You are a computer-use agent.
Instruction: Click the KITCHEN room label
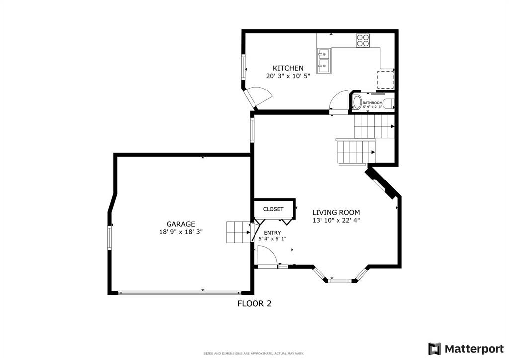pyautogui.click(x=288, y=68)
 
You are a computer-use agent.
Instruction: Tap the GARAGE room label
pyautogui.click(x=181, y=224)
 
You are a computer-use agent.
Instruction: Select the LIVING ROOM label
pyautogui.click(x=336, y=213)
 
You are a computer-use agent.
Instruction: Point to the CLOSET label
pyautogui.click(x=273, y=209)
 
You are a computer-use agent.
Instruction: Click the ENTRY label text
pyautogui.click(x=273, y=233)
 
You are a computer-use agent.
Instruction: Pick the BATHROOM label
pyautogui.click(x=372, y=103)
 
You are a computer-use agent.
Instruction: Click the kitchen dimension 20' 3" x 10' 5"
pyautogui.click(x=288, y=76)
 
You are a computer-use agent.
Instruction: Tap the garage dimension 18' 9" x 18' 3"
pyautogui.click(x=181, y=232)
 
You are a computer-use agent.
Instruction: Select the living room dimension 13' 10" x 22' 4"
pyautogui.click(x=337, y=220)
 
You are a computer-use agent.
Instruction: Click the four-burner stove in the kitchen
pyautogui.click(x=362, y=41)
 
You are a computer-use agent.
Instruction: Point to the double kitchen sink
pyautogui.click(x=324, y=61)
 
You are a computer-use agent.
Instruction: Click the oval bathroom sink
pyautogui.click(x=357, y=102)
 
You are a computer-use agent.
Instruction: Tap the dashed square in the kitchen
pyautogui.click(x=385, y=79)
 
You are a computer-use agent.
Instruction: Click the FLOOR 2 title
pyautogui.click(x=254, y=303)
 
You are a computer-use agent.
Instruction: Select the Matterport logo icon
pyautogui.click(x=435, y=349)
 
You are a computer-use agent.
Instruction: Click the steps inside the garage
pyautogui.click(x=238, y=232)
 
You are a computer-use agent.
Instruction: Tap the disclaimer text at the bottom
pyautogui.click(x=254, y=353)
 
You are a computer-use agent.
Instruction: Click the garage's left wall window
pyautogui.click(x=110, y=238)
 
